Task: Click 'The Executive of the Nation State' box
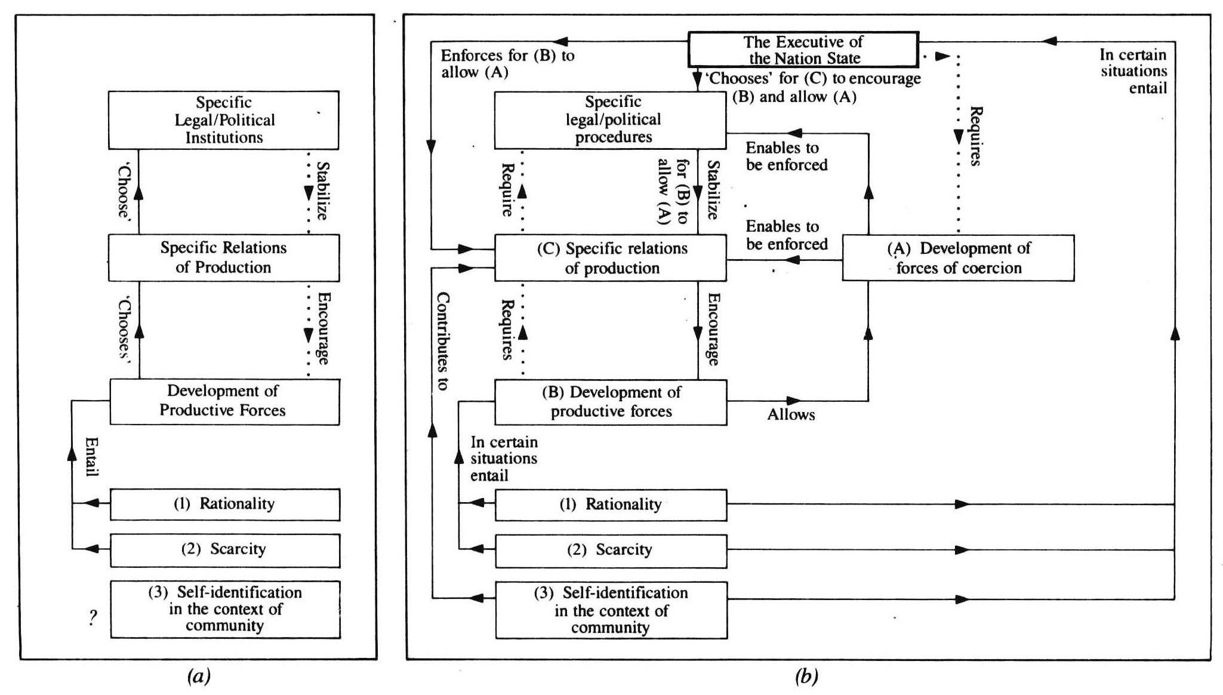click(x=803, y=50)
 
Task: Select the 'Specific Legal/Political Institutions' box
click(x=224, y=120)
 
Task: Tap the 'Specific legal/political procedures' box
click(x=610, y=120)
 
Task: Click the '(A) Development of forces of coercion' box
click(x=958, y=258)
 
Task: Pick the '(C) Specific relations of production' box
click(x=610, y=258)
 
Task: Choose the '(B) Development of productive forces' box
click(x=611, y=402)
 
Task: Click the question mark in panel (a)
click(x=93, y=617)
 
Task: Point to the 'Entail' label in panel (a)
click(x=91, y=457)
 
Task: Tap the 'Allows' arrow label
click(x=791, y=414)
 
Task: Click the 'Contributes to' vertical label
click(x=442, y=342)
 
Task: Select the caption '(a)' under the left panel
click(x=198, y=676)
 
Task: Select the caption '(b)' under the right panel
click(x=806, y=676)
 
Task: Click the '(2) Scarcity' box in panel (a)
click(x=224, y=550)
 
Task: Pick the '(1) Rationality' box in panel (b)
click(x=611, y=505)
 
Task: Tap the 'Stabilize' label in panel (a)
click(x=322, y=191)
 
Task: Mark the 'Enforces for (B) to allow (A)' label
click(x=507, y=64)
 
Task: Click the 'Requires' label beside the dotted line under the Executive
click(x=975, y=136)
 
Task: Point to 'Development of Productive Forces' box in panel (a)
click(x=224, y=401)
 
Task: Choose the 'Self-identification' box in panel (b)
click(x=611, y=610)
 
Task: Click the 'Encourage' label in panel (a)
click(x=322, y=328)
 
